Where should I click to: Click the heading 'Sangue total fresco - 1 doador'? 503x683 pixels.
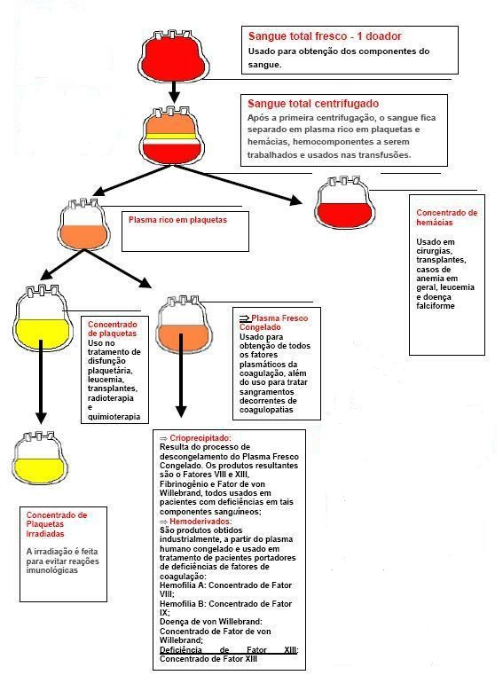coord(325,36)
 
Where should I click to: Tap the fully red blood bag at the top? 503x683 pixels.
coord(174,57)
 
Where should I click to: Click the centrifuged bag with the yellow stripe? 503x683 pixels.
coord(174,137)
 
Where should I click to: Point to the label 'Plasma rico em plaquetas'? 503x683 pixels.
coord(177,219)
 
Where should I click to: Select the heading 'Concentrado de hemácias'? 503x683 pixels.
coord(446,217)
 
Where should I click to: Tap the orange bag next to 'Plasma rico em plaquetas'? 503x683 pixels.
coord(84,225)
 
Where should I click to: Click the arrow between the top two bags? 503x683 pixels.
coord(174,90)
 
